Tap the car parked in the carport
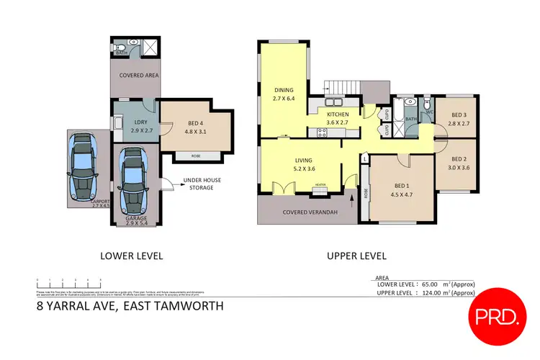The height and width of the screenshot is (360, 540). click(84, 168)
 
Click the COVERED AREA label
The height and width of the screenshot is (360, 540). click(139, 75)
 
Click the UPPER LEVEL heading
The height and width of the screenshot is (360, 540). click(356, 256)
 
